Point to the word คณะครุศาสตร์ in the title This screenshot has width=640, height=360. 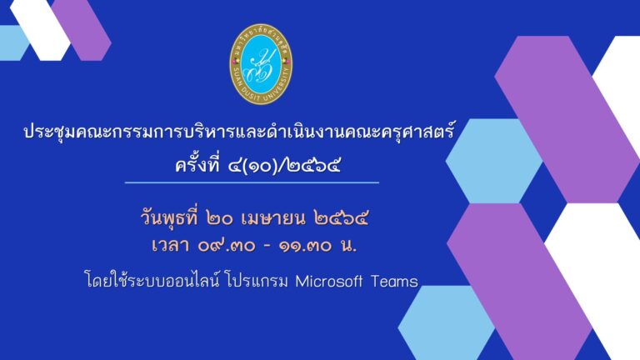(406, 132)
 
